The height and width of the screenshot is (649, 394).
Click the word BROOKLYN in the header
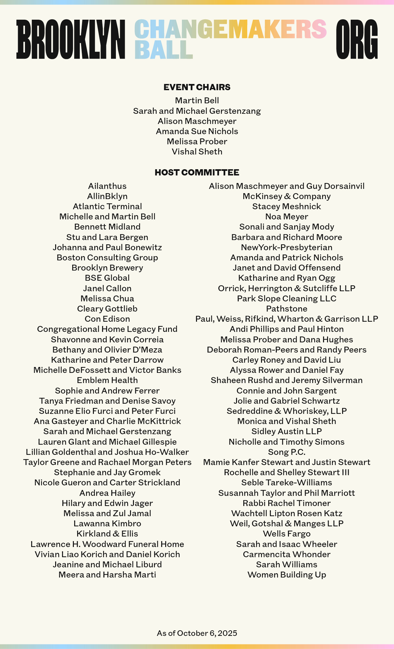(x=71, y=39)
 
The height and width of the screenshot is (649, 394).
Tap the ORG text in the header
(x=357, y=39)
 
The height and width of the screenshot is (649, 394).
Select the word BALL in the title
(x=163, y=50)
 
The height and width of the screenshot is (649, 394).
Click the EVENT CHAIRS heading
(x=197, y=87)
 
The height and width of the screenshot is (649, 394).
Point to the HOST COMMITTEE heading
(x=197, y=172)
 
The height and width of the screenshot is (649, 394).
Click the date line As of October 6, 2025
(x=197, y=633)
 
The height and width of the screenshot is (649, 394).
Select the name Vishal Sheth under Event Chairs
(x=197, y=152)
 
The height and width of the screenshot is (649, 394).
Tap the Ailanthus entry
(x=107, y=186)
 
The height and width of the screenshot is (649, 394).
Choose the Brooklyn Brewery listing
(x=107, y=268)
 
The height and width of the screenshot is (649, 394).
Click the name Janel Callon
(x=107, y=288)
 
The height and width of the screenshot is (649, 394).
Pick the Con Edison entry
(x=107, y=319)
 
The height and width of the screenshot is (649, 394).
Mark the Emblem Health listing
(x=107, y=380)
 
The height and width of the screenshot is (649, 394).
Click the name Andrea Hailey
(x=107, y=493)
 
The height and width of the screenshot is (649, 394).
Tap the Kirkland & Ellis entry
(x=107, y=534)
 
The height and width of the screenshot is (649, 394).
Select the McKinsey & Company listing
(x=287, y=196)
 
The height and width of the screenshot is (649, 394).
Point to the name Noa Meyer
(x=287, y=216)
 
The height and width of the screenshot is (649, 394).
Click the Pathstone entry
(x=287, y=309)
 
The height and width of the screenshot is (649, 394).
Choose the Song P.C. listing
(x=287, y=452)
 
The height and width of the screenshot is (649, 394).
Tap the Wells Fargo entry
(x=287, y=534)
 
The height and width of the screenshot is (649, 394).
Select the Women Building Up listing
(x=287, y=575)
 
